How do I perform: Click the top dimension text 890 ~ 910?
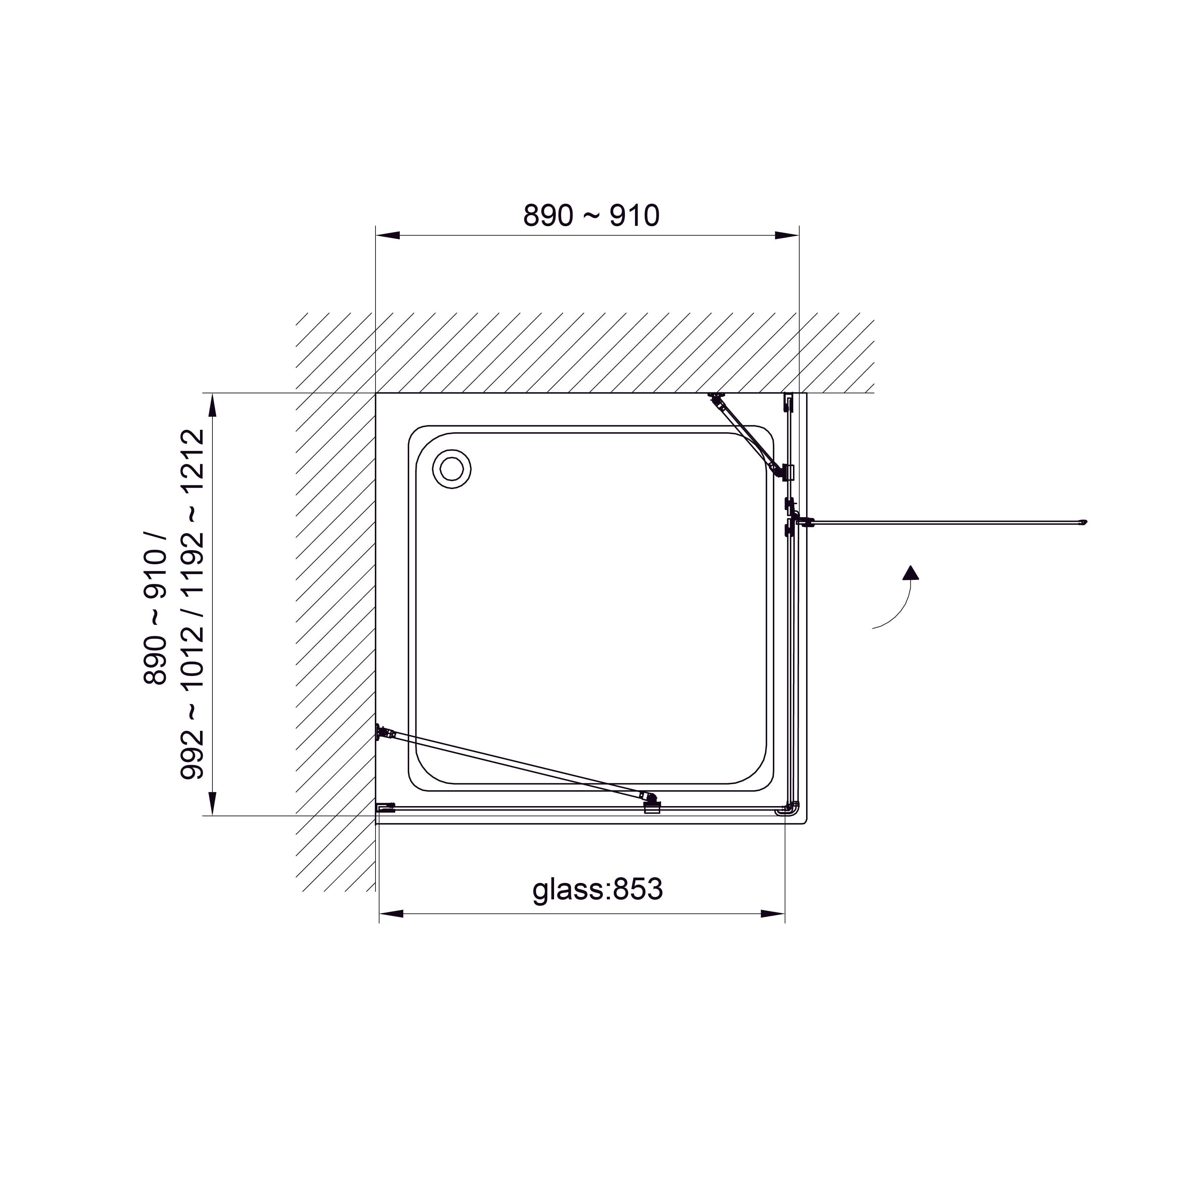pos(591,216)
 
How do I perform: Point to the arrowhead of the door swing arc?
pos(910,573)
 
